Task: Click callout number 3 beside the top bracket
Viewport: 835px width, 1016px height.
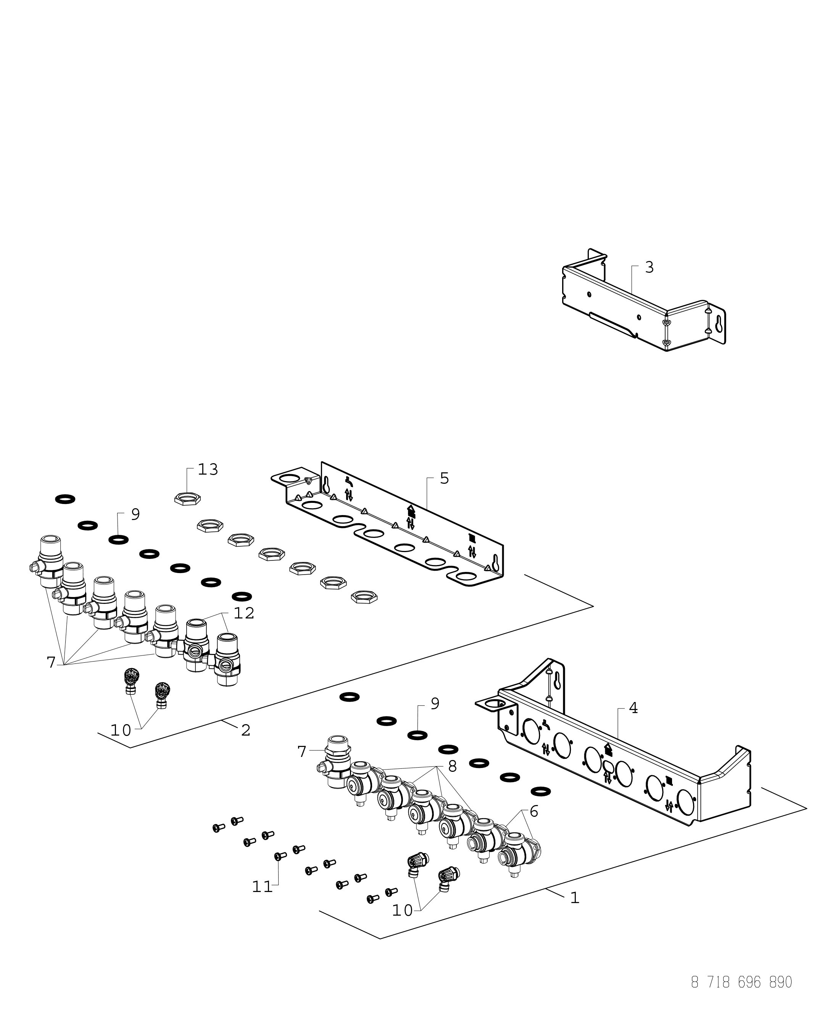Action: tap(649, 267)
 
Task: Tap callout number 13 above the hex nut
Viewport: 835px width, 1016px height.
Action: tap(208, 469)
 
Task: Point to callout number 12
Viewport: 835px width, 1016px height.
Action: tap(244, 613)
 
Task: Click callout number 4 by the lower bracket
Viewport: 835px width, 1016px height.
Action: tap(634, 708)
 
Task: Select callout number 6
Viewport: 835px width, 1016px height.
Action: tap(534, 812)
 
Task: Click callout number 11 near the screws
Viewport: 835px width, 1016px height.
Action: tap(263, 887)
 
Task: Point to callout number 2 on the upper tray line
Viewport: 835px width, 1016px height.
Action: tap(246, 730)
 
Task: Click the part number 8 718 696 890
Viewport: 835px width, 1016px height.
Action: tap(741, 992)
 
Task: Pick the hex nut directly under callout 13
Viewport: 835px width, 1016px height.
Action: tap(187, 499)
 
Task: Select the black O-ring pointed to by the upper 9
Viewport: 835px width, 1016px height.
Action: tap(118, 539)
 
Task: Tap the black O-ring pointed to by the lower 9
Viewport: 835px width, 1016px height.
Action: tap(417, 735)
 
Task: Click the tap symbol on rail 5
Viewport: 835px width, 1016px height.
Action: tap(349, 480)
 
